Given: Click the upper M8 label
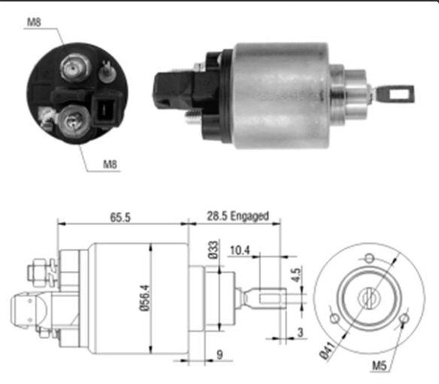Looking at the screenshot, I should tap(34, 22).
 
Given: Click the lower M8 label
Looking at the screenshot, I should tap(110, 164).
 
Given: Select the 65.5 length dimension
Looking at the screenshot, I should tap(120, 217).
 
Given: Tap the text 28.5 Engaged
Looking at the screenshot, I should tap(238, 216).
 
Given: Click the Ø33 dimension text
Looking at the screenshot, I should tap(213, 250).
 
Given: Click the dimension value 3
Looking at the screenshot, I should tap(300, 332).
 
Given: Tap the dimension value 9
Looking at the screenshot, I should tap(219, 354).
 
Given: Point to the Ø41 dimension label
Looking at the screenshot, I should tap(327, 350).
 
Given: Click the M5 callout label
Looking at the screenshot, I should tap(379, 365).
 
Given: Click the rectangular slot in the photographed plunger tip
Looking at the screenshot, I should tap(399, 94).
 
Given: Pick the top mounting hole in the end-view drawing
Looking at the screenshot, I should tap(369, 258).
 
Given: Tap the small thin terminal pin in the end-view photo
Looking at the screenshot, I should tap(107, 71).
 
